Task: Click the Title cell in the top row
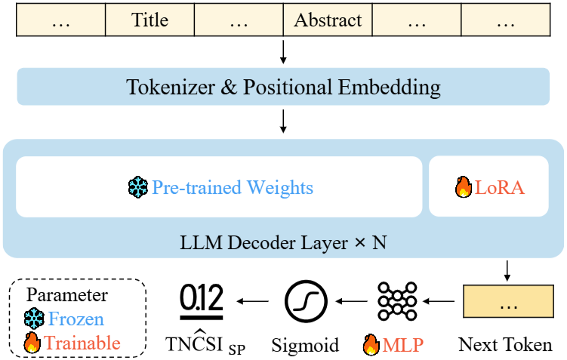[149, 20]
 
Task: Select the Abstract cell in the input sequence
[328, 20]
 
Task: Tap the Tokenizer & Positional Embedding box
[283, 87]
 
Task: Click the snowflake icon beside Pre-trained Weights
[137, 187]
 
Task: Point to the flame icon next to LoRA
[464, 187]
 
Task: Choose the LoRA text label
[499, 188]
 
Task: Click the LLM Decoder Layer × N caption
[283, 242]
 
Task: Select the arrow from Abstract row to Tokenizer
[284, 52]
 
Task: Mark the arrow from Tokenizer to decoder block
[284, 122]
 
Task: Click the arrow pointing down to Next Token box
[507, 271]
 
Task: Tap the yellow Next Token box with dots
[508, 301]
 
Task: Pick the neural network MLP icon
[397, 301]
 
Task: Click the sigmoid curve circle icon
[306, 301]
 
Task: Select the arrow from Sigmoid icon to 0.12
[252, 300]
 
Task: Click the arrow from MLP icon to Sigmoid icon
[352, 300]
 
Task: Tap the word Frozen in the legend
[76, 318]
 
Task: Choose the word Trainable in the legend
[82, 343]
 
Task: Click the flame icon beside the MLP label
[371, 344]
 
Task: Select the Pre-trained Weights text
[233, 188]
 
